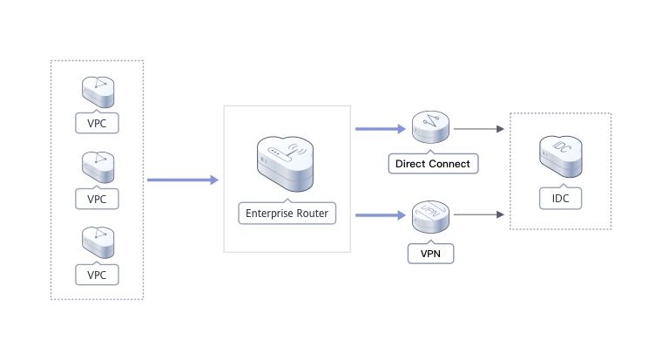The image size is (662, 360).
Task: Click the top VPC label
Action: (x=97, y=123)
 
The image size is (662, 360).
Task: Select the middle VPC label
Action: (x=97, y=199)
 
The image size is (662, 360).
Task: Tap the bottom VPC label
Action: (x=97, y=275)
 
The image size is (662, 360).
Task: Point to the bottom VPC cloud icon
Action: (x=97, y=242)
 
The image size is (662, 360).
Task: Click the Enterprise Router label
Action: (x=287, y=212)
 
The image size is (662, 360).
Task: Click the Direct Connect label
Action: (x=432, y=163)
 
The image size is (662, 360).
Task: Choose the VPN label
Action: (x=431, y=255)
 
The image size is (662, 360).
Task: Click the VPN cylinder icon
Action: (x=431, y=216)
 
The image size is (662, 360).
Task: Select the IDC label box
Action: (x=559, y=199)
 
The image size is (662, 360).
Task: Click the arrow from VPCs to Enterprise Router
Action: (x=183, y=180)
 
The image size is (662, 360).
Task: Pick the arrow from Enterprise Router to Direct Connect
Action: (x=382, y=129)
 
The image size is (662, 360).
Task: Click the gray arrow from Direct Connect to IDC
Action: (x=479, y=129)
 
